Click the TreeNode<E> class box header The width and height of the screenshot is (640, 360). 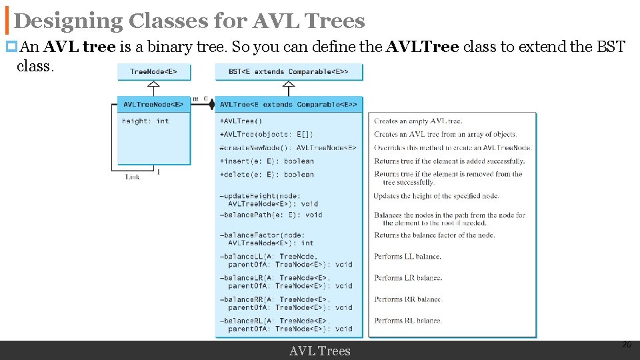click(x=154, y=71)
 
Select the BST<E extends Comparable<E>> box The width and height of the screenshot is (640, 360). click(x=289, y=71)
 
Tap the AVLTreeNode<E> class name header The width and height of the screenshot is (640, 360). click(x=154, y=104)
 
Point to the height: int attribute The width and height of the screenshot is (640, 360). click(x=145, y=121)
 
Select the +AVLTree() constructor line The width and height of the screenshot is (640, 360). click(x=241, y=121)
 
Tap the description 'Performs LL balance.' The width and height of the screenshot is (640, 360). click(x=407, y=257)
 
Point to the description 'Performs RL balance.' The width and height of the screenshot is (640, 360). click(x=408, y=321)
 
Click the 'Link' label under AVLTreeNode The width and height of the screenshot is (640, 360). click(x=133, y=177)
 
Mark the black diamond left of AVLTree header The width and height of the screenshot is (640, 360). click(x=211, y=105)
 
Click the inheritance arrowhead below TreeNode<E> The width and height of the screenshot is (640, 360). click(x=154, y=85)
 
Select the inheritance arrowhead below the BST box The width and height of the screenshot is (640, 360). click(x=289, y=85)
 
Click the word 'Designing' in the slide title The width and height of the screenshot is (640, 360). click(x=68, y=21)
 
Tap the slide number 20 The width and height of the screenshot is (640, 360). click(x=626, y=345)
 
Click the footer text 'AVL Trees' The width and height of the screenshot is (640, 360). click(x=319, y=351)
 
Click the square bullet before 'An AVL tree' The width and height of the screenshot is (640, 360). click(x=11, y=47)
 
